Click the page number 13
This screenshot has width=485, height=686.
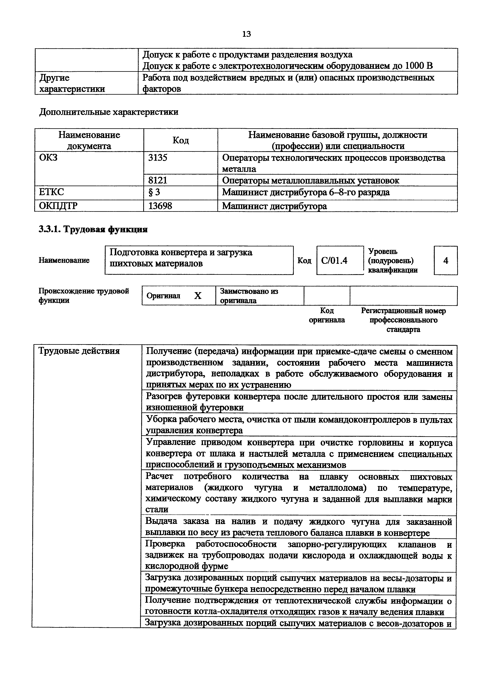tap(246, 34)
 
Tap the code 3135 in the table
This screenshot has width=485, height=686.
tap(158, 157)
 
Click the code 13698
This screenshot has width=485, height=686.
tap(160, 206)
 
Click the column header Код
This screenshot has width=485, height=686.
tap(181, 140)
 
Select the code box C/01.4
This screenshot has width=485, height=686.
tap(334, 260)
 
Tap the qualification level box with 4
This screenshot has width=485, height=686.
tap(445, 260)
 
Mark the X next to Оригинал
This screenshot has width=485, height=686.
tap(198, 296)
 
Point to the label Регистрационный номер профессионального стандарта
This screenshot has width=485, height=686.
tap(403, 320)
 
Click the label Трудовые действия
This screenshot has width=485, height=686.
tap(79, 351)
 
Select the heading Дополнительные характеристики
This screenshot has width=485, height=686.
tap(109, 112)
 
